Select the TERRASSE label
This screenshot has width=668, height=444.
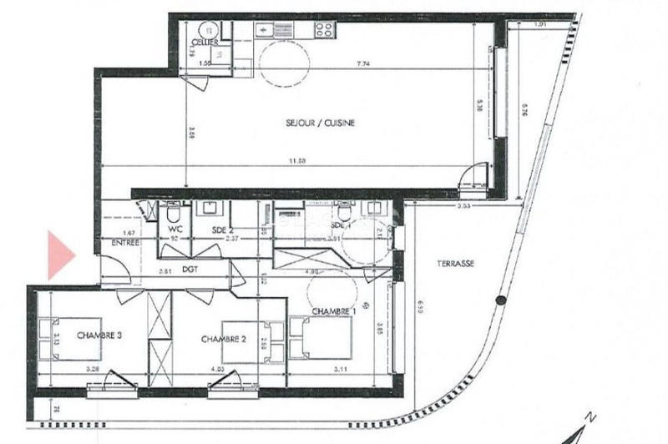[x=456, y=263]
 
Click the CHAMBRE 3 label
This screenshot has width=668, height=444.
[x=99, y=336]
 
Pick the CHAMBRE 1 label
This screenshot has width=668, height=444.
[x=334, y=311]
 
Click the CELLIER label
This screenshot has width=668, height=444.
[x=205, y=42]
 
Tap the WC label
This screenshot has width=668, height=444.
[x=175, y=227]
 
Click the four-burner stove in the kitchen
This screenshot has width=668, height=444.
[x=323, y=30]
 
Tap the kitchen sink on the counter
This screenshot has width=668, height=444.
[x=272, y=30]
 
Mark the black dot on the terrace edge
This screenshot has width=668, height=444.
[x=500, y=300]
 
